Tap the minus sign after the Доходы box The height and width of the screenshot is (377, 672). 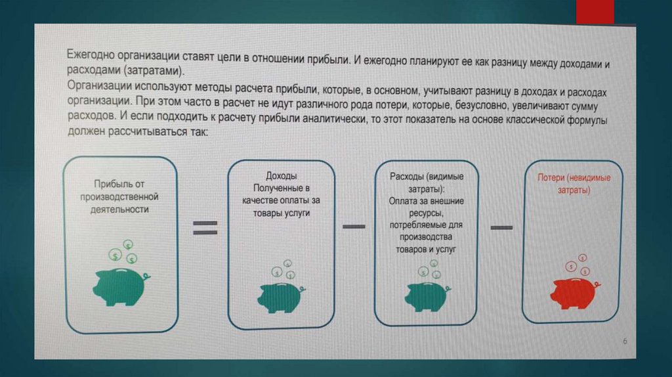coord(354,227)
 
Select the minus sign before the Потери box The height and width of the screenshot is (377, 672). coord(501,227)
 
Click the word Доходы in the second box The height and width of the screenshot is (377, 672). coord(281,176)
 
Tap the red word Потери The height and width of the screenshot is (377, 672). coord(552,178)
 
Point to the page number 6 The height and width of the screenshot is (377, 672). coord(625,342)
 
